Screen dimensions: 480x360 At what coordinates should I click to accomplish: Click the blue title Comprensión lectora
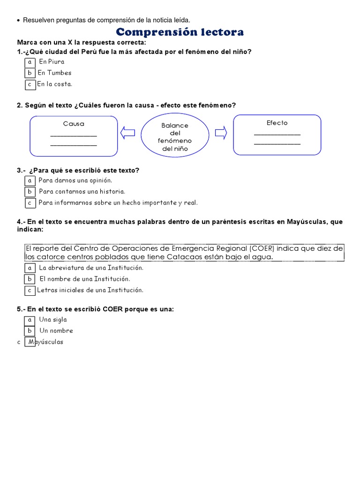click(x=180, y=32)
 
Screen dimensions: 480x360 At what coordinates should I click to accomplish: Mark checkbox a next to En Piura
click(x=30, y=62)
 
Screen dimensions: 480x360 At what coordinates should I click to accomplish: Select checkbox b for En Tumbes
click(x=30, y=73)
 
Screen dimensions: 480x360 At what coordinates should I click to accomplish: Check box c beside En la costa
click(x=30, y=84)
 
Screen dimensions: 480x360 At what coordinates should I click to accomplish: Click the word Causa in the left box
click(x=74, y=124)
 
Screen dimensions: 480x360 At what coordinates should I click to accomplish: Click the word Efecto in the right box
click(x=277, y=123)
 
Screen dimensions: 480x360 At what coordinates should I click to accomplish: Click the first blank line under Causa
click(x=74, y=135)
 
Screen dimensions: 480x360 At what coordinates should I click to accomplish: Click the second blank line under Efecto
click(x=277, y=143)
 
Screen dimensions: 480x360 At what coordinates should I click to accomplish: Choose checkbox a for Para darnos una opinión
click(x=30, y=180)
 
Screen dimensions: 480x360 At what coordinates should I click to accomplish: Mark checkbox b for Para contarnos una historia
click(x=30, y=192)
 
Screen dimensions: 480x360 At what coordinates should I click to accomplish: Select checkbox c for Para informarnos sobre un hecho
click(x=30, y=203)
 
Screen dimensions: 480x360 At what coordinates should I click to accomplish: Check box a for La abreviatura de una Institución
click(x=30, y=268)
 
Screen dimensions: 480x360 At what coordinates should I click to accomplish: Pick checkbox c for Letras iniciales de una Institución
click(x=30, y=290)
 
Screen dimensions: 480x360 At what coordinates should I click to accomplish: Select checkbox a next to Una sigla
click(x=30, y=320)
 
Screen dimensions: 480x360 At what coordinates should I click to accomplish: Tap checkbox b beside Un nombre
click(x=30, y=331)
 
